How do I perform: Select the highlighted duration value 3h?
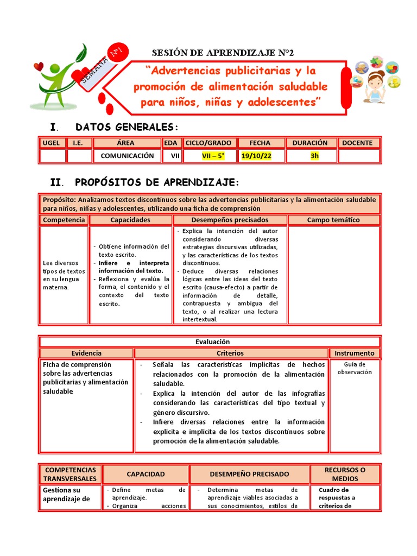pos(314,156)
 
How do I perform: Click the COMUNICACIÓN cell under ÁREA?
pos(127,156)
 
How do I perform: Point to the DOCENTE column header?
pos(357,143)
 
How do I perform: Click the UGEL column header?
pos(52,143)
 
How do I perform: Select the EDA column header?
pos(170,143)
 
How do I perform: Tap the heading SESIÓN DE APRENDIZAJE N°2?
pos(222,53)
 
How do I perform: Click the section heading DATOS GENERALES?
pos(127,127)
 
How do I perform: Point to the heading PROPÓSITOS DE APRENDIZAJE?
pos(156,181)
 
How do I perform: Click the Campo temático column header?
pos(333,220)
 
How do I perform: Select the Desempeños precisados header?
pos(230,220)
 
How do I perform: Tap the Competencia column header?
pos(64,220)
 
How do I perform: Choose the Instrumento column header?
pos(354,353)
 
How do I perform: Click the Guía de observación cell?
pos(354,368)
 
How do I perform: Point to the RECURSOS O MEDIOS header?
pos(345,474)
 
